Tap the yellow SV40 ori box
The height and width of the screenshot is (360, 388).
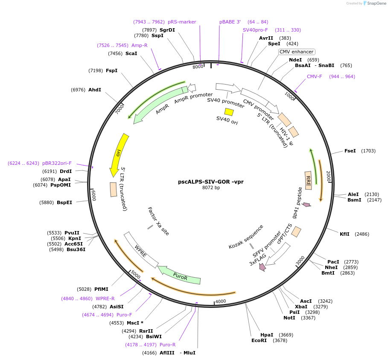229,112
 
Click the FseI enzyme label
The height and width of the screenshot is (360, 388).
350,151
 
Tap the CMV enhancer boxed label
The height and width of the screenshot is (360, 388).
296,52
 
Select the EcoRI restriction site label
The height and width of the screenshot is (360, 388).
259,340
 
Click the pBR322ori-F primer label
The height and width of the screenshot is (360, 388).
57,163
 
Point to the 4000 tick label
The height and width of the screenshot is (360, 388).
221,301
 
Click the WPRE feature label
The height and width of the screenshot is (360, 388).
140,251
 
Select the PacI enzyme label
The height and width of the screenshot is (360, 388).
333,262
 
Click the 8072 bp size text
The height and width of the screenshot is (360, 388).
211,187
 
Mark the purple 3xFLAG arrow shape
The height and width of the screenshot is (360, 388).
262,267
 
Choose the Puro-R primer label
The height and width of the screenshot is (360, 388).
167,345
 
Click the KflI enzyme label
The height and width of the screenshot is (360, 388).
344,234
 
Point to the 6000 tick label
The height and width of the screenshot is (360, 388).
93,195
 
